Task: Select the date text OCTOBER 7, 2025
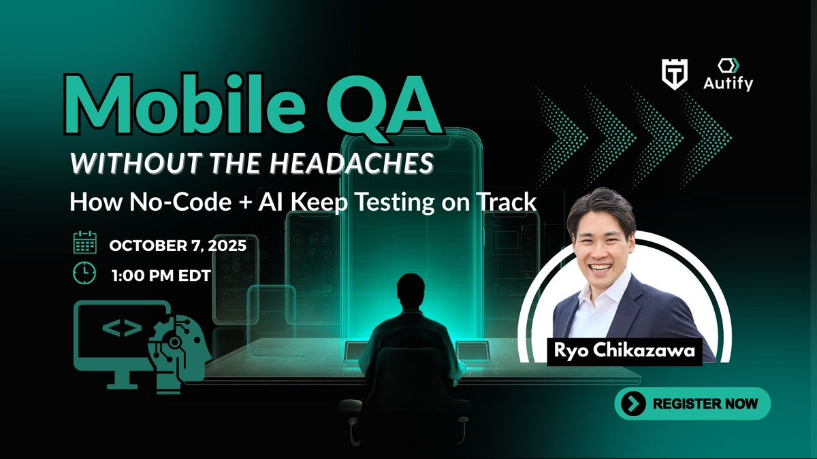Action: (x=178, y=245)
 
